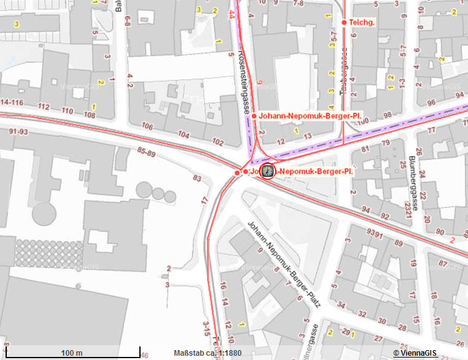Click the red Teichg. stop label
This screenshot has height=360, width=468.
pyautogui.click(x=363, y=23)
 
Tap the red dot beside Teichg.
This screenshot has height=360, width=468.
pyautogui.click(x=345, y=23)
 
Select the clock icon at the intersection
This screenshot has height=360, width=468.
pyautogui.click(x=268, y=171)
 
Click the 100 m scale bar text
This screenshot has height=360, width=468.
pyautogui.click(x=72, y=353)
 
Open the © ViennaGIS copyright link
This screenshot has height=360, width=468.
pyautogui.click(x=416, y=353)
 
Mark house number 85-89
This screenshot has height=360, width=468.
pyautogui.click(x=147, y=152)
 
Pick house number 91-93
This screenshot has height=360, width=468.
pyautogui.click(x=19, y=131)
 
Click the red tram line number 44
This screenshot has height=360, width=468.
pyautogui.click(x=232, y=13)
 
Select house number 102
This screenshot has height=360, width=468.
pyautogui.click(x=218, y=142)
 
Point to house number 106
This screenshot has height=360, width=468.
pyautogui.click(x=147, y=126)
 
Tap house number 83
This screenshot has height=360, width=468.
pyautogui.click(x=197, y=179)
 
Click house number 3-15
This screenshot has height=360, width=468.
pyautogui.click(x=207, y=325)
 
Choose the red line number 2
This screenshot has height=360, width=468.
pyautogui.click(x=453, y=239)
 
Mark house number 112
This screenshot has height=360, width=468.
pyautogui.click(x=43, y=107)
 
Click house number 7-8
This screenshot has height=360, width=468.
pyautogui.click(x=299, y=4)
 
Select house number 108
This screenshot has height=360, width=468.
pyautogui.click(x=90, y=115)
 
